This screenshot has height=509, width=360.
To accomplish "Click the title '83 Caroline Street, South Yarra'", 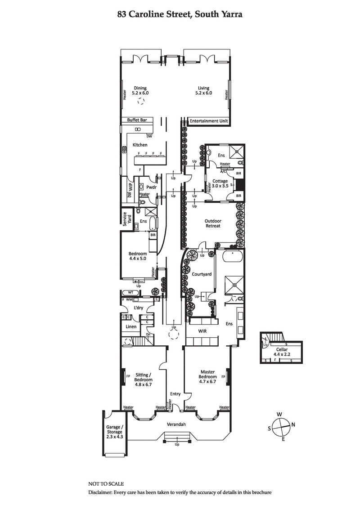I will [x=180, y=14].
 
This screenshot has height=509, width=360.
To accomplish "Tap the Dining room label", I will [x=140, y=90].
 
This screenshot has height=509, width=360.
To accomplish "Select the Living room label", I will [x=204, y=90].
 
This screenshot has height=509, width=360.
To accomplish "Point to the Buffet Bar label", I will [x=137, y=120].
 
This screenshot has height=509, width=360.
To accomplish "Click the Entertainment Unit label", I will [x=209, y=121].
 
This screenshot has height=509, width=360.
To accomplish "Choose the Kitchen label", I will [x=139, y=145].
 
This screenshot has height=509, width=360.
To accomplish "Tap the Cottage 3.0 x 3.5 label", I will [x=220, y=183].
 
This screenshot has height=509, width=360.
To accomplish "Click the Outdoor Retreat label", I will [x=212, y=223].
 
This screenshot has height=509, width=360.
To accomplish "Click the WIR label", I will [x=202, y=331].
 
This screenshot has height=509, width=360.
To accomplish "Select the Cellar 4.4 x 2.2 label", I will [x=283, y=351].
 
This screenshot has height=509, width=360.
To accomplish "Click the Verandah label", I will [x=176, y=424].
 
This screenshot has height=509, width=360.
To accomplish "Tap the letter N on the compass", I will [x=293, y=424].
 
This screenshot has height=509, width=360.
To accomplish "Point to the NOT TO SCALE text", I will [x=106, y=484].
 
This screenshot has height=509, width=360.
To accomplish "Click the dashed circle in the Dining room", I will [x=141, y=102].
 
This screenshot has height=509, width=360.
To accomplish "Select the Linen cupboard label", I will [x=130, y=326].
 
